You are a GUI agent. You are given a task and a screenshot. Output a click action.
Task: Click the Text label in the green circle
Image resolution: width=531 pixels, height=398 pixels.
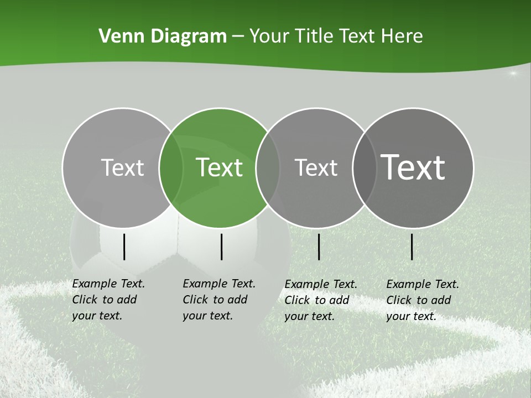[219, 167]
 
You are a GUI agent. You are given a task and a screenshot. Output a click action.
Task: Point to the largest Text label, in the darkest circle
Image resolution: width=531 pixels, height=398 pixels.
[413, 167]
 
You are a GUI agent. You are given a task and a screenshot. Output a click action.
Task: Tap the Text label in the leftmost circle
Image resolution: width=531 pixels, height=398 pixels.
[122, 167]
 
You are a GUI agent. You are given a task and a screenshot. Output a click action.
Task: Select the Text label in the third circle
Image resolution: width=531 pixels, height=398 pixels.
[316, 167]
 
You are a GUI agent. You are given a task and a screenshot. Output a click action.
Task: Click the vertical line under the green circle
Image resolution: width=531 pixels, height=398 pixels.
[221, 247]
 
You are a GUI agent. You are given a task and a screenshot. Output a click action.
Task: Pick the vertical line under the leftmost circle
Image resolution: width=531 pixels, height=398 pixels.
[124, 247]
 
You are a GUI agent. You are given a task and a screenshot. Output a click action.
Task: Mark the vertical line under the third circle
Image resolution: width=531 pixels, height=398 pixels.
[319, 247]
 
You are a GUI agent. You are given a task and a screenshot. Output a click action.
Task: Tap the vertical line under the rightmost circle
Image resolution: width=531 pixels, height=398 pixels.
[412, 247]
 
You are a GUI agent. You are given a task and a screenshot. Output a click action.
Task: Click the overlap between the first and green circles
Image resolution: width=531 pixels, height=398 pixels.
[171, 167]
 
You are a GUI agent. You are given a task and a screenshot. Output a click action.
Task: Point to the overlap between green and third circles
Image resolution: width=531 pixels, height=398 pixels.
[268, 167]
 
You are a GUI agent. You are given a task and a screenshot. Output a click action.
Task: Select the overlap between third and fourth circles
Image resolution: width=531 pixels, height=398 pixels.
[364, 167]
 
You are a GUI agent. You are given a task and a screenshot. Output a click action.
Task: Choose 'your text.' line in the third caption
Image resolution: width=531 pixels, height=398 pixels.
[309, 316]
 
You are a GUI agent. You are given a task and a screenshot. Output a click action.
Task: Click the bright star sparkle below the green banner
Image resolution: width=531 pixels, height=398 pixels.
[513, 74]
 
